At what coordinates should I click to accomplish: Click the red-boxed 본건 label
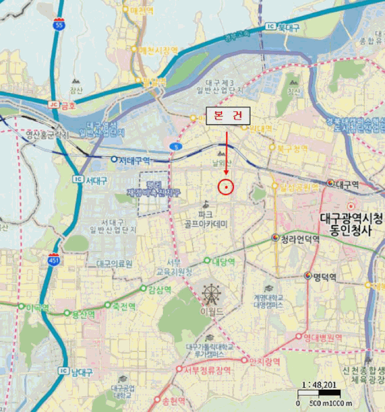point(227,115)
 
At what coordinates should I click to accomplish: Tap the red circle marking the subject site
point(226,187)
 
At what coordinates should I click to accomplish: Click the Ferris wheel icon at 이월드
point(210,293)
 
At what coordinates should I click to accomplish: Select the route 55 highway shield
point(58,24)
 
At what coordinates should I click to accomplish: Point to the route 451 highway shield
point(53,260)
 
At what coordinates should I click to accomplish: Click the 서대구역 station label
point(135,160)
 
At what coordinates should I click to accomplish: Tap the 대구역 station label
point(351,184)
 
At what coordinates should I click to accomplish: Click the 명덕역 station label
point(324,277)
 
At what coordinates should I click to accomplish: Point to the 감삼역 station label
point(159,289)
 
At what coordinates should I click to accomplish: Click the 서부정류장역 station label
point(209,369)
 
